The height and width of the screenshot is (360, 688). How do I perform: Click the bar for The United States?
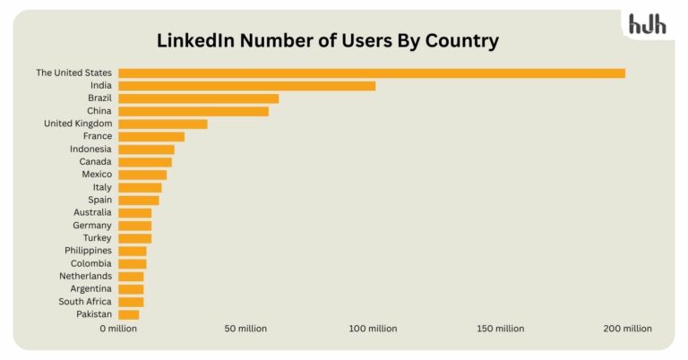[371, 73]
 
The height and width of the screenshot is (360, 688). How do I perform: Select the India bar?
[246, 86]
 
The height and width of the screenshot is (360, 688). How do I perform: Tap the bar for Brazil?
[198, 99]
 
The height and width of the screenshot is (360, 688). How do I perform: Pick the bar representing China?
[193, 111]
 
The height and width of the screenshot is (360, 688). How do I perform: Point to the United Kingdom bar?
[162, 124]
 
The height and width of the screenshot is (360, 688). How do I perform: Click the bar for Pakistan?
[128, 314]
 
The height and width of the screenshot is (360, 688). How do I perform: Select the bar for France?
[150, 136]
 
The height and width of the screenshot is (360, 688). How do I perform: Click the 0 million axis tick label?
[118, 329]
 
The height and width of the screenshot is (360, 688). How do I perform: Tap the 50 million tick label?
[245, 329]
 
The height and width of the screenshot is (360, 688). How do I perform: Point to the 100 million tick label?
[373, 329]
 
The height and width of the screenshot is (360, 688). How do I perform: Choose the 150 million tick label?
[500, 329]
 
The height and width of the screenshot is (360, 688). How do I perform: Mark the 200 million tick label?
[627, 329]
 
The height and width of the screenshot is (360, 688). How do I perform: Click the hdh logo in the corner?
[647, 25]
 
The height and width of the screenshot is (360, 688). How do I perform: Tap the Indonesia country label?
[90, 149]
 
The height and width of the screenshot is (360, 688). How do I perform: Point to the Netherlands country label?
[86, 277]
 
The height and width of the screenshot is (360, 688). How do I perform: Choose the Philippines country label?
[88, 251]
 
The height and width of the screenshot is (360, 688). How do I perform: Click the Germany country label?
[92, 226]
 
